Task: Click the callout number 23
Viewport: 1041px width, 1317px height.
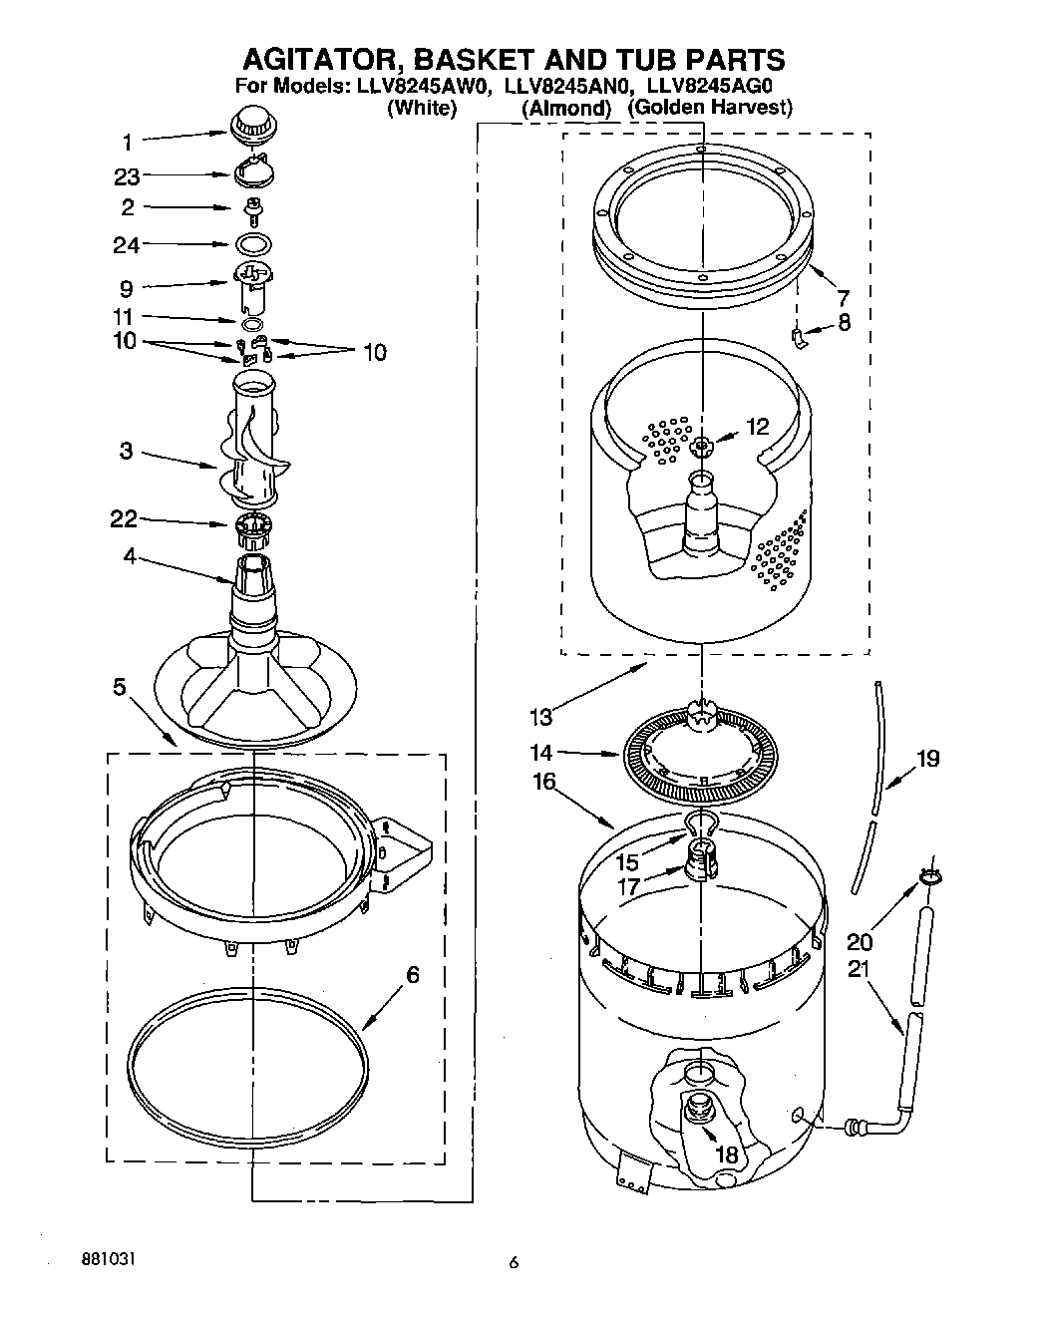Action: tap(127, 176)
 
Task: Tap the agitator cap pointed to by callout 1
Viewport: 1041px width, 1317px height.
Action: tap(253, 125)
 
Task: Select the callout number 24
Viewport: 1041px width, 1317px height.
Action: tap(127, 244)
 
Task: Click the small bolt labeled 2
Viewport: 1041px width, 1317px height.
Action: tap(253, 207)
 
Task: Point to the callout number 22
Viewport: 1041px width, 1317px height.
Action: tap(124, 518)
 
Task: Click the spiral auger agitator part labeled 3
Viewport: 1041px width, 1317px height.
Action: tap(252, 444)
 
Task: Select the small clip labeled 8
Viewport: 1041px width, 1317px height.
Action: tap(800, 337)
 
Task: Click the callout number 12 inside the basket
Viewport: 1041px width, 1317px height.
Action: tap(757, 427)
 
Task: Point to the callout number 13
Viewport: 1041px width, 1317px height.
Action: tap(541, 716)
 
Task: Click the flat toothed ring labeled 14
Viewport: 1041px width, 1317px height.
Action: tap(701, 755)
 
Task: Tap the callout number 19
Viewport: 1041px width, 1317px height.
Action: tap(926, 759)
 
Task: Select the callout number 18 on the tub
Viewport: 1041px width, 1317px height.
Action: tap(729, 1154)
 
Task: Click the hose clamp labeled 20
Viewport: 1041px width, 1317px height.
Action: tap(930, 877)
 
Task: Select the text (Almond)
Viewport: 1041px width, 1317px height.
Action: tap(565, 109)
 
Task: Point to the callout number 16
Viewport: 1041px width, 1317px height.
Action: tap(544, 782)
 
